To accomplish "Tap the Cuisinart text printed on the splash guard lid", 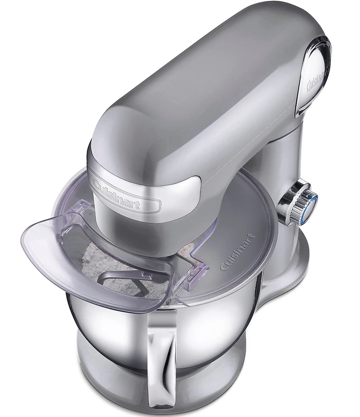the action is (238, 251).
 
